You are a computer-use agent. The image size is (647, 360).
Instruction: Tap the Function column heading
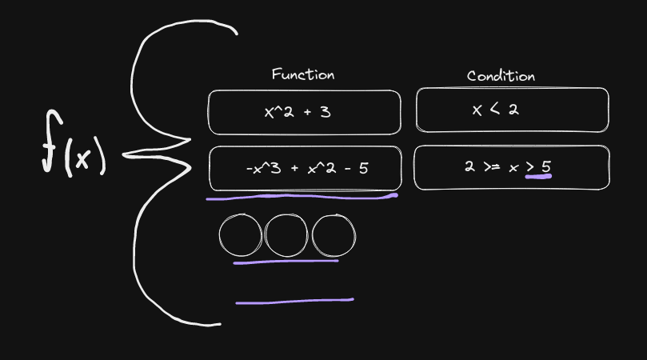click(x=303, y=74)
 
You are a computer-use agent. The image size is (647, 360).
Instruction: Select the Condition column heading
click(x=501, y=76)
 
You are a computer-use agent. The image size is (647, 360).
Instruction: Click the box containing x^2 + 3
click(x=304, y=112)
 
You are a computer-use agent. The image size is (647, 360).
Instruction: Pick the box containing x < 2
click(x=512, y=110)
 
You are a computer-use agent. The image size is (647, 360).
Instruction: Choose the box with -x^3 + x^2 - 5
click(x=304, y=168)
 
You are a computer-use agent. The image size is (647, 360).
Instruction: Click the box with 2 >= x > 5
click(x=510, y=167)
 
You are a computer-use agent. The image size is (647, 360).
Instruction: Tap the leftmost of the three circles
click(x=240, y=234)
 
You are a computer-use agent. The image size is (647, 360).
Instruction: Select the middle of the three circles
click(x=286, y=234)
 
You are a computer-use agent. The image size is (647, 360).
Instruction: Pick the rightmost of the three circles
click(x=333, y=234)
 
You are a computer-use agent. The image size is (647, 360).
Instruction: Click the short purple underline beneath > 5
click(x=538, y=177)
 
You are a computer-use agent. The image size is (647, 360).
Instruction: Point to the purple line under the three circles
click(x=286, y=261)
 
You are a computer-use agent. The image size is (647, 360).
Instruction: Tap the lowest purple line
click(x=294, y=301)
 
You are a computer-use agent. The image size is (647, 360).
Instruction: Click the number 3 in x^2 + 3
click(x=325, y=112)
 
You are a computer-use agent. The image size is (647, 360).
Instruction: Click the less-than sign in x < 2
click(x=494, y=110)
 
